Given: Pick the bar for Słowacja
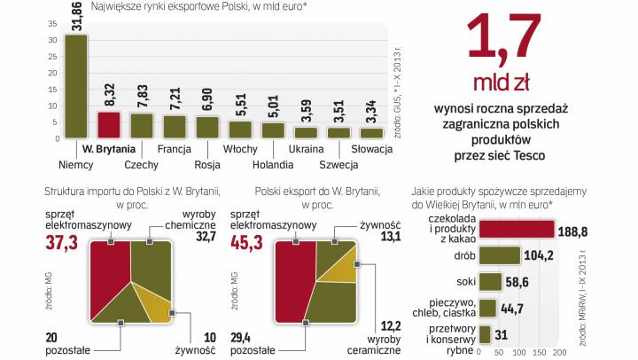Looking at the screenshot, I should coord(371,132).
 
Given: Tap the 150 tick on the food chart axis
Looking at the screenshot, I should coord(540,352).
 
